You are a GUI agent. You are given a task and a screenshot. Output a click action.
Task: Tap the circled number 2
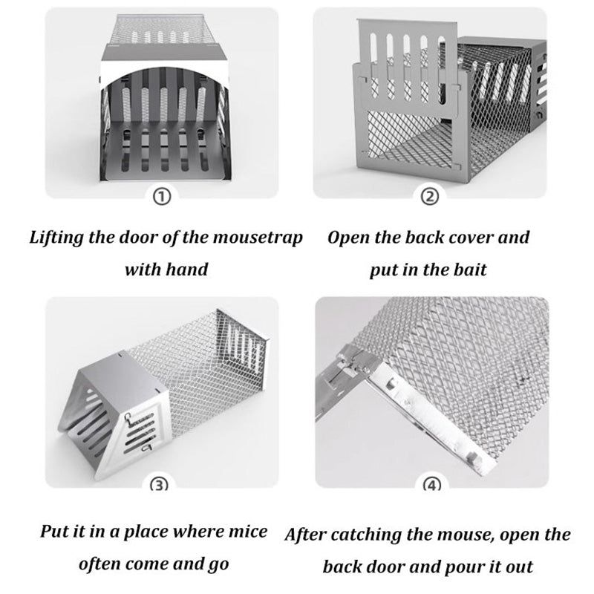tap(430, 196)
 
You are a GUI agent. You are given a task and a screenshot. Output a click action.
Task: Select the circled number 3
tap(160, 485)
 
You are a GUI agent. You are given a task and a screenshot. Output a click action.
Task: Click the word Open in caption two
tap(349, 238)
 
